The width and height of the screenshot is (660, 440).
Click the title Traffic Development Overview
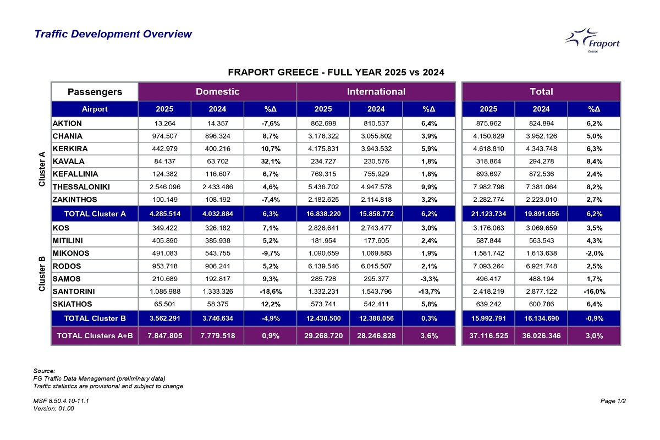113,34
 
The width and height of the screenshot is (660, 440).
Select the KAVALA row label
68,161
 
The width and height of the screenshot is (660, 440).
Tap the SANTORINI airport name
74,291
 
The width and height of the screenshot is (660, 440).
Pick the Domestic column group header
217,91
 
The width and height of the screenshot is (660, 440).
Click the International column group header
376,91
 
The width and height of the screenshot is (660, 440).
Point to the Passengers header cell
95,91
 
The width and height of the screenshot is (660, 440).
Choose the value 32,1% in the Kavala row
270,161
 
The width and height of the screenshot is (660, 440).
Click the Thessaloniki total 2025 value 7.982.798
488,187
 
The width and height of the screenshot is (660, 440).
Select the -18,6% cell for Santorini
270,291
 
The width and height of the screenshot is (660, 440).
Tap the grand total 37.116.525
488,335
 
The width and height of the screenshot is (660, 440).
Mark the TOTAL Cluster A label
95,213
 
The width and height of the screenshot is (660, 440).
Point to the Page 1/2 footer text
613,401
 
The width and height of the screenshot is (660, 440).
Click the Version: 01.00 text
54,409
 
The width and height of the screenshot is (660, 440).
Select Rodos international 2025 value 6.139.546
323,265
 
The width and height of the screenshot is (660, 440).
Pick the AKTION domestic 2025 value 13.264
164,123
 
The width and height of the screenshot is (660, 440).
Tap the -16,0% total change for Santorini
594,291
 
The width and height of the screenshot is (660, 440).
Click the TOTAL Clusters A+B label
95,335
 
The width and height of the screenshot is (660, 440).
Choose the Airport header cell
95,109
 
